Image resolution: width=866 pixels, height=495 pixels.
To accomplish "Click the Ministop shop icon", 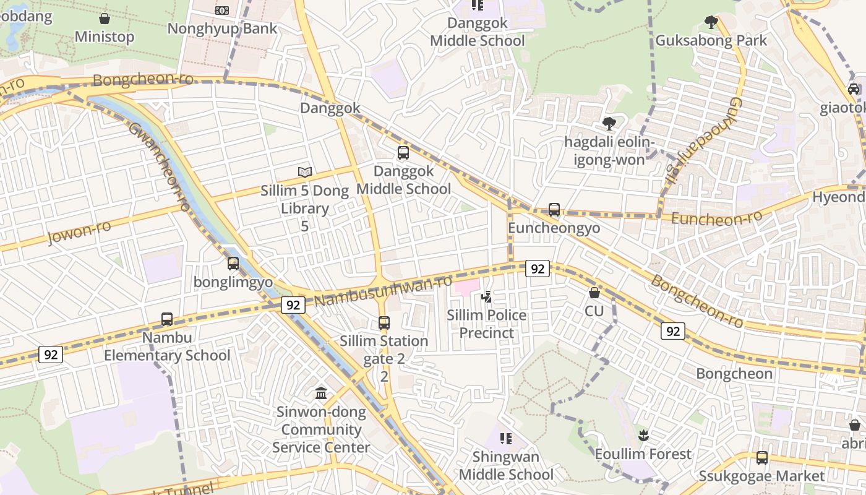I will click(105, 19).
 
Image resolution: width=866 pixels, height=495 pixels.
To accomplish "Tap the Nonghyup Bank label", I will click(222, 28).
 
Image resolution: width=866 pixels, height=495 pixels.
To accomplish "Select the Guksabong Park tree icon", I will click(711, 22).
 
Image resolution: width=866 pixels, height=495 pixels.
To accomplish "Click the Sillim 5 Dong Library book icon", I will click(304, 172).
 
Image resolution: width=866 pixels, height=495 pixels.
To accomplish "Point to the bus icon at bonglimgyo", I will click(233, 264).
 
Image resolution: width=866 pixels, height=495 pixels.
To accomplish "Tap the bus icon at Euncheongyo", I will click(554, 210).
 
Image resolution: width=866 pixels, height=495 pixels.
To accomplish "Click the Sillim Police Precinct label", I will click(487, 324).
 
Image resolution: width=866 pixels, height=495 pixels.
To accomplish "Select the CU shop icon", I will click(594, 292).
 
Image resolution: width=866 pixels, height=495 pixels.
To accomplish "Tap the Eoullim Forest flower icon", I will click(643, 435).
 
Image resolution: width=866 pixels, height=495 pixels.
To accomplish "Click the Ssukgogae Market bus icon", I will click(762, 458).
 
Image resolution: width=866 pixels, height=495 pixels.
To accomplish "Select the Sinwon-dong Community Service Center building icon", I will click(321, 394).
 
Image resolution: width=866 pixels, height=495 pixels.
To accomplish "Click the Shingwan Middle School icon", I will click(506, 439).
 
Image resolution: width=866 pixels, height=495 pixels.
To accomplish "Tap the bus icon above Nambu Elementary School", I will click(167, 319).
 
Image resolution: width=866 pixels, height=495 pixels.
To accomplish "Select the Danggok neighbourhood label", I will click(330, 108).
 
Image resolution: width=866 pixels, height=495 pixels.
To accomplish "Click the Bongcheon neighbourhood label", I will click(734, 374).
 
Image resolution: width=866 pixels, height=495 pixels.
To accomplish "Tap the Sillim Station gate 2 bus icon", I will click(384, 322).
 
